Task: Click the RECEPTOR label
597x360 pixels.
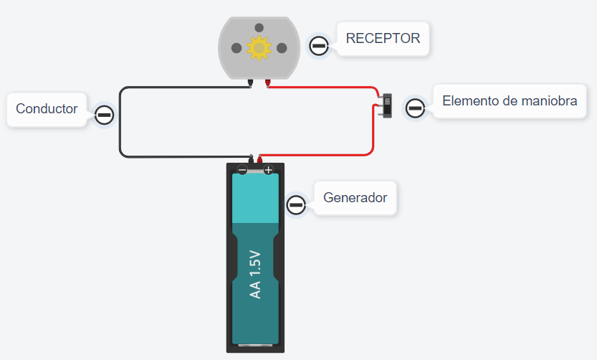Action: point(383,39)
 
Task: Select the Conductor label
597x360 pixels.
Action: point(47,109)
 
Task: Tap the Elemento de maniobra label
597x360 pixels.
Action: point(510,101)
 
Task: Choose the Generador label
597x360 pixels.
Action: point(355,197)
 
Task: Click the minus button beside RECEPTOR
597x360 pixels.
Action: point(319,47)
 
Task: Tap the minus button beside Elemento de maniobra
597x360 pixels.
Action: point(415,108)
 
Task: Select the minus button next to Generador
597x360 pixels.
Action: point(296,205)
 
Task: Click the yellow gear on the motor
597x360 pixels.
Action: point(259,48)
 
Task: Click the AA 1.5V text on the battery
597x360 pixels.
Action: point(255,275)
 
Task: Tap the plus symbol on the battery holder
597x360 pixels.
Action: point(268,170)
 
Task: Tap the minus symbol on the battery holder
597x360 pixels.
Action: point(242,170)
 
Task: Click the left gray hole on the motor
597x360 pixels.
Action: point(236,48)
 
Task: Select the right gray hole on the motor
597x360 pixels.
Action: point(282,48)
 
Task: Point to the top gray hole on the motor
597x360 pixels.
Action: point(259,27)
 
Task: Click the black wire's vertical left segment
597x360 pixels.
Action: point(120,122)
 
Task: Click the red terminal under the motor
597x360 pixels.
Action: point(267,83)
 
